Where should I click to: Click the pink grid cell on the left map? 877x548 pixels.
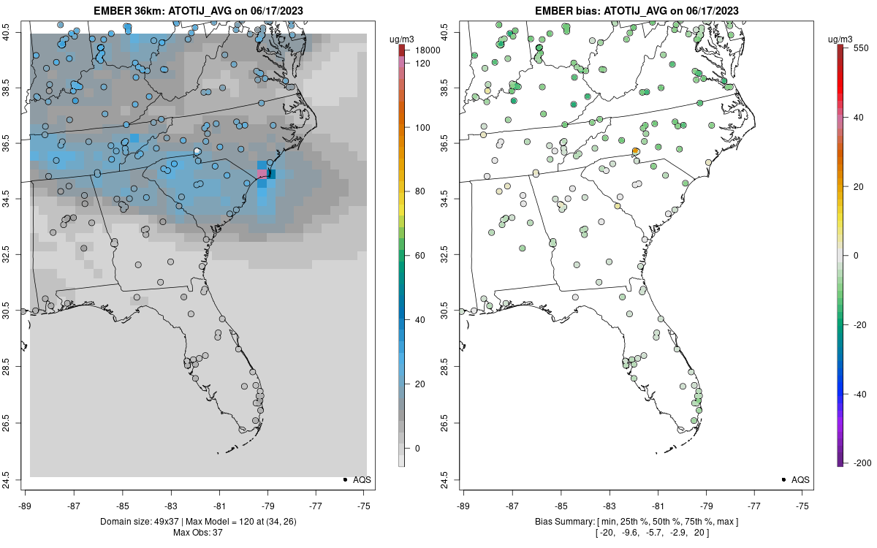tap(262, 173)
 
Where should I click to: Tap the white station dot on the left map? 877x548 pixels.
tap(197, 151)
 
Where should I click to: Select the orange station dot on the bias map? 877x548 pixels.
tap(636, 151)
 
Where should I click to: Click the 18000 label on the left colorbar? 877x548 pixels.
tap(427, 50)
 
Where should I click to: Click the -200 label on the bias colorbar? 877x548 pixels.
tap(863, 463)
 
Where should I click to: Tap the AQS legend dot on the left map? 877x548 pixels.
tap(344, 479)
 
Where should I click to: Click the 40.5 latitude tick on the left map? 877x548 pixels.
tap(15, 32)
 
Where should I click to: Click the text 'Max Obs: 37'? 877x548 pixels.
tap(197, 532)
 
